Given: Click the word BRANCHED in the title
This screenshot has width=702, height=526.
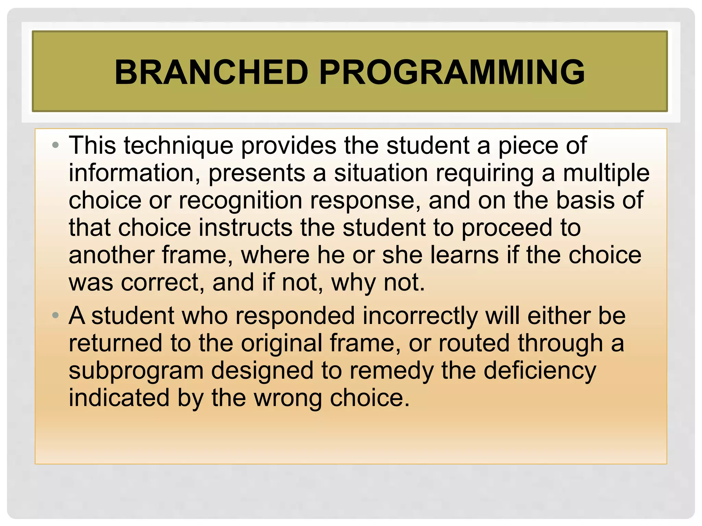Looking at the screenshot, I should coord(211,72).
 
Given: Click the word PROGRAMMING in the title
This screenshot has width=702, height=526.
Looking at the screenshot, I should coord(452,72).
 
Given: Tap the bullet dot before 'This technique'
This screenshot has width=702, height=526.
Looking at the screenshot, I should coord(56,145).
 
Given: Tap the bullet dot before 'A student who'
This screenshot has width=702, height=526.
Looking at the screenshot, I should coord(56,315).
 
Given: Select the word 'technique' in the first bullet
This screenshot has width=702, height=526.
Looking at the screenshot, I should coord(178,146).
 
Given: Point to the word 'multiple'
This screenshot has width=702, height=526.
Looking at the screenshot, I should coord(606,173).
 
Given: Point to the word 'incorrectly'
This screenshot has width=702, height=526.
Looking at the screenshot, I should coord(420,316).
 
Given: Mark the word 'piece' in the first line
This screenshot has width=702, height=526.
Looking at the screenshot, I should coord(528,146).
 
